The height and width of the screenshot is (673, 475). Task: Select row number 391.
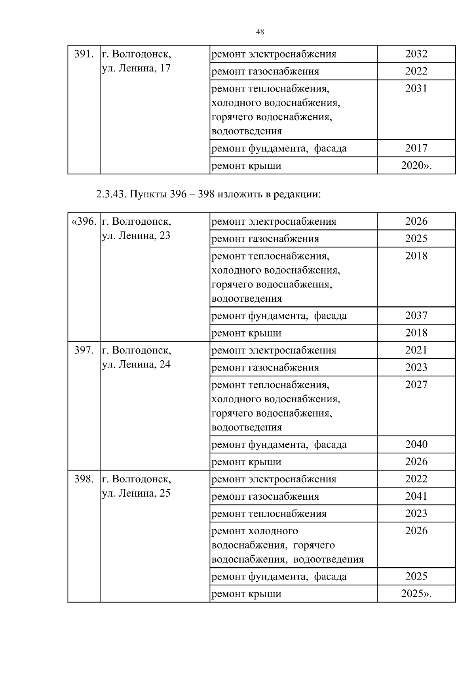[x=84, y=54]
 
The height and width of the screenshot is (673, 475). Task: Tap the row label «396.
[x=84, y=221]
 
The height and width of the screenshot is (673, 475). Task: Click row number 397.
[x=84, y=350]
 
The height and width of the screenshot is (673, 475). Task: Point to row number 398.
[x=84, y=479]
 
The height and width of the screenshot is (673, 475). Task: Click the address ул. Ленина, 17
[x=136, y=68]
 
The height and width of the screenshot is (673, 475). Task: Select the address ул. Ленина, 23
[x=136, y=235]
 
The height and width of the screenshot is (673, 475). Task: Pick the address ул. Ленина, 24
[x=136, y=364]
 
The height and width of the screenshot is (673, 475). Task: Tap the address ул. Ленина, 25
[x=136, y=493]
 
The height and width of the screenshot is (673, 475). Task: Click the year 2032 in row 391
[x=416, y=54]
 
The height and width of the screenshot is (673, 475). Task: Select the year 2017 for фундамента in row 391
[x=416, y=148]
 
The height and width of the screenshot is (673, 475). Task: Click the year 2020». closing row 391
[x=416, y=165]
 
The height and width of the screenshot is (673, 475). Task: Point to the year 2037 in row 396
[x=416, y=316]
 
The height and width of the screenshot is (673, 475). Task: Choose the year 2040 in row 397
[x=416, y=444]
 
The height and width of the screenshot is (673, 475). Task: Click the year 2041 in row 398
[x=416, y=496]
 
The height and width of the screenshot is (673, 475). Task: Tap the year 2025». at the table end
[x=416, y=594]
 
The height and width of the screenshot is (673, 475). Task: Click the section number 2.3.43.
[x=111, y=195]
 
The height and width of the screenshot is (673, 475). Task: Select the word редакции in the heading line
[x=296, y=195]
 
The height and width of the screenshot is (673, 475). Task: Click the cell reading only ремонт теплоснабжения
[x=269, y=514]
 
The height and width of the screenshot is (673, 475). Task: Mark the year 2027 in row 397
[x=416, y=384]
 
